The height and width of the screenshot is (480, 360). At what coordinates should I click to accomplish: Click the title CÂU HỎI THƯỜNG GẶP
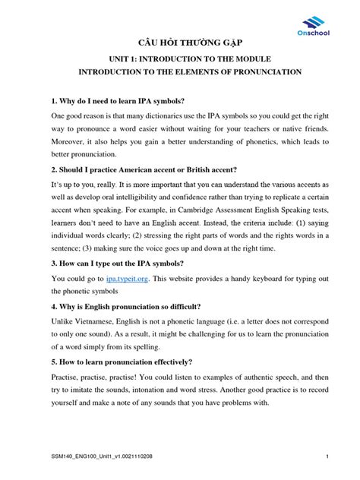tap(179, 43)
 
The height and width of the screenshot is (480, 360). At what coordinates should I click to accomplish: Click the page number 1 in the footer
tap(326, 456)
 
